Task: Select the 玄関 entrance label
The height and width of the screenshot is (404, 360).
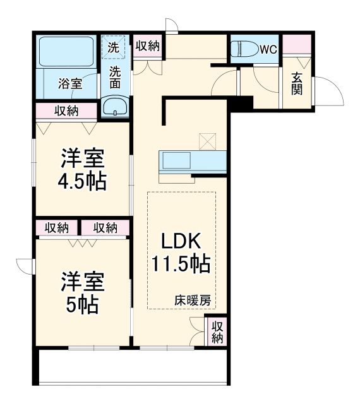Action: (296, 82)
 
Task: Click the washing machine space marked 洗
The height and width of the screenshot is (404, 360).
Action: (114, 47)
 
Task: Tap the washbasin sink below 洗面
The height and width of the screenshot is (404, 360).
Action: (115, 107)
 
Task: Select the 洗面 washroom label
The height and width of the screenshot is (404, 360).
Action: (115, 76)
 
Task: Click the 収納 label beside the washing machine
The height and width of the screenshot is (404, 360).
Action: (147, 45)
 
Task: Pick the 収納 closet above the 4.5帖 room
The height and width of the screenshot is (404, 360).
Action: (66, 111)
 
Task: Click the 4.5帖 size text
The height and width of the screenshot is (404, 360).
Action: (81, 181)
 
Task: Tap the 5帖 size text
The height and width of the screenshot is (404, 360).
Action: (82, 305)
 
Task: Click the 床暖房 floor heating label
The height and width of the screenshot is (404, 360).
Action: (193, 301)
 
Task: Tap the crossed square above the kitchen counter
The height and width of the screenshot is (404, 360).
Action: (207, 141)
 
